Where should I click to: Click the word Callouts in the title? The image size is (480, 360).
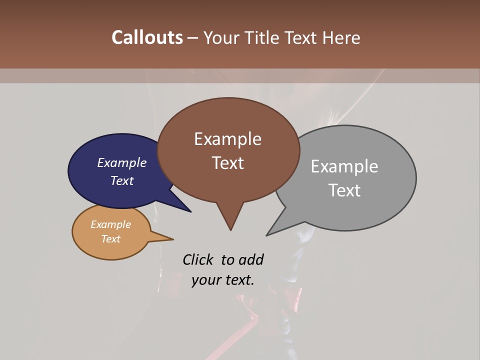[147, 37]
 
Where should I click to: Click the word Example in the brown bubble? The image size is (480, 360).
[227, 139]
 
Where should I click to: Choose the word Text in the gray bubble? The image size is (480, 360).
[344, 190]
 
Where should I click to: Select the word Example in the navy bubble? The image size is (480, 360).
[122, 162]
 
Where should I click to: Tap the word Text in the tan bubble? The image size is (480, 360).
[110, 239]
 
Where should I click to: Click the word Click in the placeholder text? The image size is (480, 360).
[198, 260]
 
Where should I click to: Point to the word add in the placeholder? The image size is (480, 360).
[250, 260]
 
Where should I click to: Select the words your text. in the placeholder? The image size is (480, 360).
[223, 280]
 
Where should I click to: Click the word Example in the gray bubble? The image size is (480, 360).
[344, 166]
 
